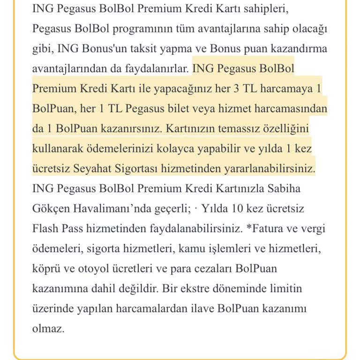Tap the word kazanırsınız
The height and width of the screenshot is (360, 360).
coord(130,128)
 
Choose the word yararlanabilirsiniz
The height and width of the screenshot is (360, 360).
coord(264,168)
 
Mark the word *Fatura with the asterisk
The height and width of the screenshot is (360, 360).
coord(266,229)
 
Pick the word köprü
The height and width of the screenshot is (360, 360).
coord(47,269)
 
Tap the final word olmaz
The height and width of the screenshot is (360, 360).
coord(48,329)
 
